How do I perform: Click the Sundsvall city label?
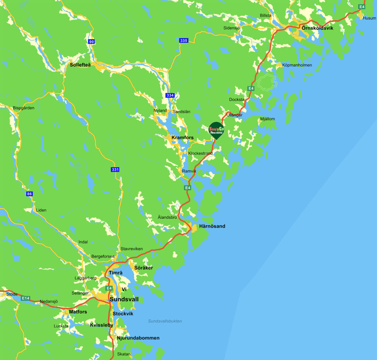pyautogui.click(x=124, y=299)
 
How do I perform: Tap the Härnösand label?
pyautogui.click(x=212, y=226)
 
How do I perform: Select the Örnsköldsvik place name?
pyautogui.click(x=317, y=28)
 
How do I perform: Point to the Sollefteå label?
pyautogui.click(x=80, y=65)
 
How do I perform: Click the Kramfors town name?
pyautogui.click(x=183, y=138)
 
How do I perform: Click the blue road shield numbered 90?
pyautogui.click(x=92, y=42)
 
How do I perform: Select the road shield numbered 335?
pyautogui.click(x=184, y=40)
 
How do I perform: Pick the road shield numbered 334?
pyautogui.click(x=170, y=95)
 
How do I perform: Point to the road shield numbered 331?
pyautogui.click(x=115, y=170)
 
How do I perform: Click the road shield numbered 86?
pyautogui.click(x=29, y=194)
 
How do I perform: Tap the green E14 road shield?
pyautogui.click(x=25, y=298)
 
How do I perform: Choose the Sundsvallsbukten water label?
pyautogui.click(x=165, y=321)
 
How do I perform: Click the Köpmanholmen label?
pyautogui.click(x=297, y=65)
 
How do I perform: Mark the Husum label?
pyautogui.click(x=369, y=18)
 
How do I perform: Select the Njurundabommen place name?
pyautogui.click(x=138, y=338)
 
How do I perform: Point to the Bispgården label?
pyautogui.click(x=24, y=108)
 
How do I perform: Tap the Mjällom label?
pyautogui.click(x=267, y=119)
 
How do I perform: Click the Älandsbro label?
pyautogui.click(x=167, y=217)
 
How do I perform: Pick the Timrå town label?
pyautogui.click(x=116, y=273)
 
